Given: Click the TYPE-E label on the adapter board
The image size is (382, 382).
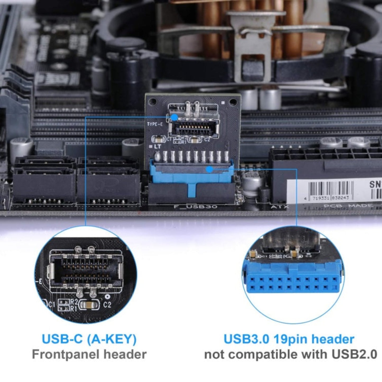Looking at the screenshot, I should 155,124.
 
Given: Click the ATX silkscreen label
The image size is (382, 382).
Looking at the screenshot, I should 280,207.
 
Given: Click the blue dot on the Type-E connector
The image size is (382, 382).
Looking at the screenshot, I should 174,117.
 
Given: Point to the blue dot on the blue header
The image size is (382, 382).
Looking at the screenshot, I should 209,169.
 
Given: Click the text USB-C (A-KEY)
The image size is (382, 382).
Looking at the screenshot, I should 89,339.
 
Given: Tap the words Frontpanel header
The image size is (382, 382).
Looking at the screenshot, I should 89,355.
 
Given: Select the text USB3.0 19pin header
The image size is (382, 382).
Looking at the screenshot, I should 289,339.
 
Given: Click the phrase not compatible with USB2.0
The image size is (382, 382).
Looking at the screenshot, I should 291,355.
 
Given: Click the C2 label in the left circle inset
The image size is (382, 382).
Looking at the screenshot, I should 107,305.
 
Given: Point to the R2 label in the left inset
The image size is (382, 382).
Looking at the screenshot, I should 74,302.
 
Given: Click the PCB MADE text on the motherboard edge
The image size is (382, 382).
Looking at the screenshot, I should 348,206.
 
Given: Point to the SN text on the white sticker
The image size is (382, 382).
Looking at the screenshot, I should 375,184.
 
